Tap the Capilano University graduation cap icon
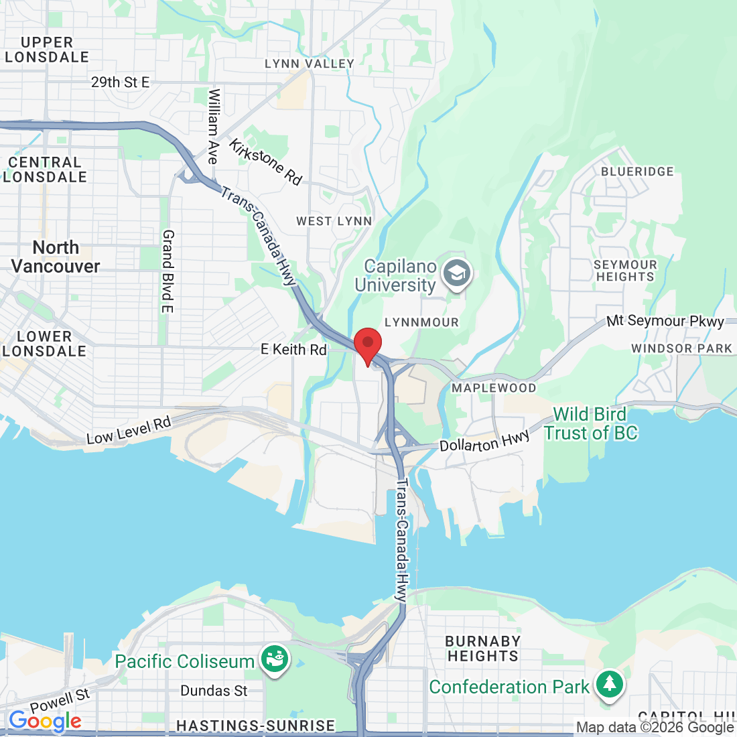point(458,274)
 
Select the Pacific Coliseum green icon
point(275,659)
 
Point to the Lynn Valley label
point(310,64)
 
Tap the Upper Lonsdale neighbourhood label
point(46,50)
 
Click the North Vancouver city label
point(56,257)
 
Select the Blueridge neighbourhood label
point(637,172)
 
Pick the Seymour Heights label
point(625,271)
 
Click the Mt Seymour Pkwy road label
point(665,321)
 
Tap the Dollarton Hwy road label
point(484,442)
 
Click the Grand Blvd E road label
point(167,271)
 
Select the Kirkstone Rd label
point(265,161)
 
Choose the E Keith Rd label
point(293,349)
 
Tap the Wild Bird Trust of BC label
point(590,423)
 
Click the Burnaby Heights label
point(482,649)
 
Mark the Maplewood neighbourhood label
point(494,388)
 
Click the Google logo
point(45,721)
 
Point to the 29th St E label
point(121,82)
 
